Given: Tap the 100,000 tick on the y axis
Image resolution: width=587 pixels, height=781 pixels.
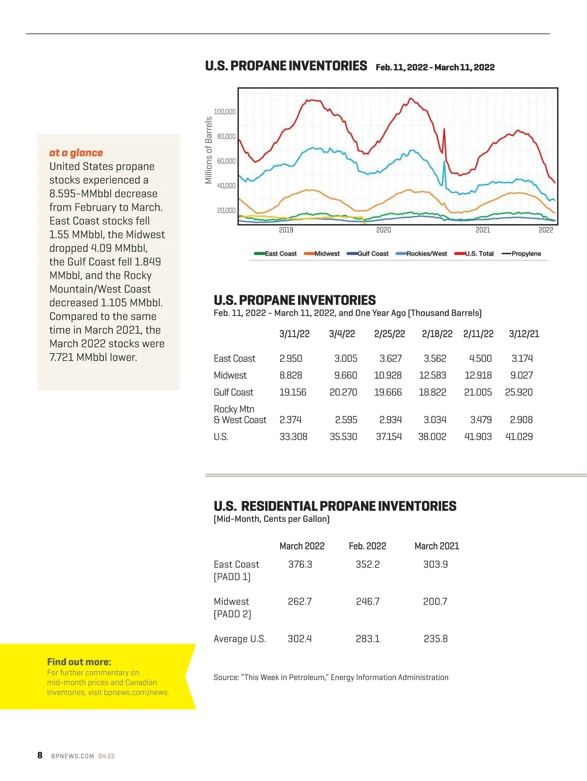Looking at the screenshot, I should (x=225, y=112).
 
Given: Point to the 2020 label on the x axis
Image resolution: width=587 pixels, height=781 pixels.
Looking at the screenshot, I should (x=384, y=230).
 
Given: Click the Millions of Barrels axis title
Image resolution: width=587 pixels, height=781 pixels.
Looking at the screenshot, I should (x=209, y=150).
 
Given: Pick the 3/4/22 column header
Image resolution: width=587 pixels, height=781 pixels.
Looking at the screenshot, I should (x=342, y=334).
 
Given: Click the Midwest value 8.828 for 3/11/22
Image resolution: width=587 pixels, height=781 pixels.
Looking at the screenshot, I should (x=291, y=375).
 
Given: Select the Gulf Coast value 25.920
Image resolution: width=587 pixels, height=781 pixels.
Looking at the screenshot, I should (x=519, y=392).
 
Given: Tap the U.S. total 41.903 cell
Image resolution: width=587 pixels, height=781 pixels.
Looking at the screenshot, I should (x=478, y=436).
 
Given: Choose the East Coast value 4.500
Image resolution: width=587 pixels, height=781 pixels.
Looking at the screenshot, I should (x=480, y=358).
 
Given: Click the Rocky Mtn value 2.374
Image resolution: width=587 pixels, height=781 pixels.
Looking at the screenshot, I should (x=291, y=420).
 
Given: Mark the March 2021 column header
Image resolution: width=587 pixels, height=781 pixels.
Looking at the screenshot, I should (x=436, y=546).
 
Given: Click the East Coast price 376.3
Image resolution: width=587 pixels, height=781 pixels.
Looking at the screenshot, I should (x=300, y=564).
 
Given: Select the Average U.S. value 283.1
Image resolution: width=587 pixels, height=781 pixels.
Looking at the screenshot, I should (x=367, y=639).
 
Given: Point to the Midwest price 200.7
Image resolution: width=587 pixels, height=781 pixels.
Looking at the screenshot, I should (x=435, y=602).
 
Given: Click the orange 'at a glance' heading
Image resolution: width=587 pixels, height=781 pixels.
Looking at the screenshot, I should (x=76, y=153).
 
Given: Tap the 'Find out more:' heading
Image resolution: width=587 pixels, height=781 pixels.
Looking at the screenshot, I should (x=79, y=662).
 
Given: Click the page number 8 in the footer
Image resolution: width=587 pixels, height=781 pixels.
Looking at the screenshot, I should (x=40, y=756).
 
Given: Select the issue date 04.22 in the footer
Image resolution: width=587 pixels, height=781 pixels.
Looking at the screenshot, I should (x=107, y=756).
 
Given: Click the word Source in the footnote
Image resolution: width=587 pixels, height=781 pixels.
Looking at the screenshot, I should (x=226, y=677).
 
